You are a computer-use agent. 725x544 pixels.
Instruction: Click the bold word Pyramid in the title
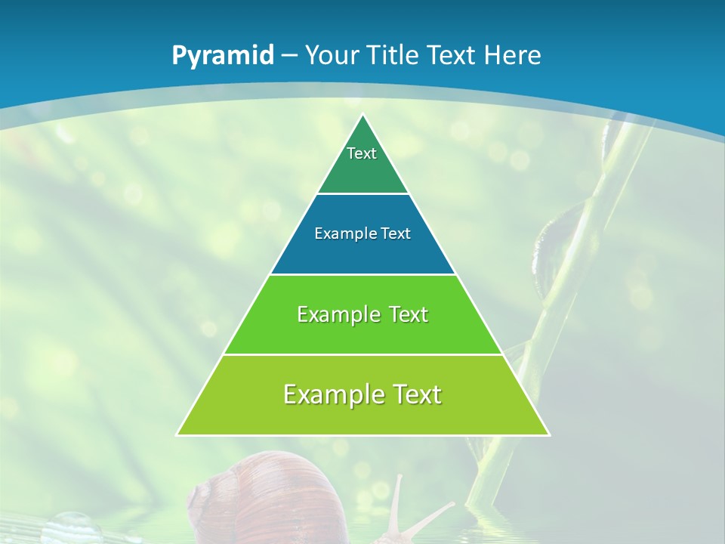(x=222, y=56)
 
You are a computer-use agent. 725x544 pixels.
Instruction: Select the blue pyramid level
(x=362, y=253)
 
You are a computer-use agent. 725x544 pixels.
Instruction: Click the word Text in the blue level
(x=396, y=234)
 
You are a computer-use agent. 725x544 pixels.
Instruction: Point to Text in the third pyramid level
(x=409, y=314)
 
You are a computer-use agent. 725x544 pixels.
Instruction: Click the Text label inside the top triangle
(x=362, y=153)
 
